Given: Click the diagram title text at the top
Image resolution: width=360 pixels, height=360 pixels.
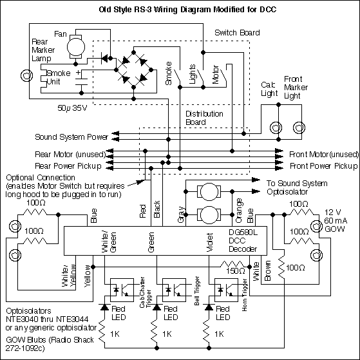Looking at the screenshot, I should coord(180,11).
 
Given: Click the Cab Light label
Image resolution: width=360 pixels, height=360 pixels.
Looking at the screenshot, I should coord(269,89).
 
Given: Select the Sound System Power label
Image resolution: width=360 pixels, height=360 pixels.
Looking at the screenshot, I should coord(71,137).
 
